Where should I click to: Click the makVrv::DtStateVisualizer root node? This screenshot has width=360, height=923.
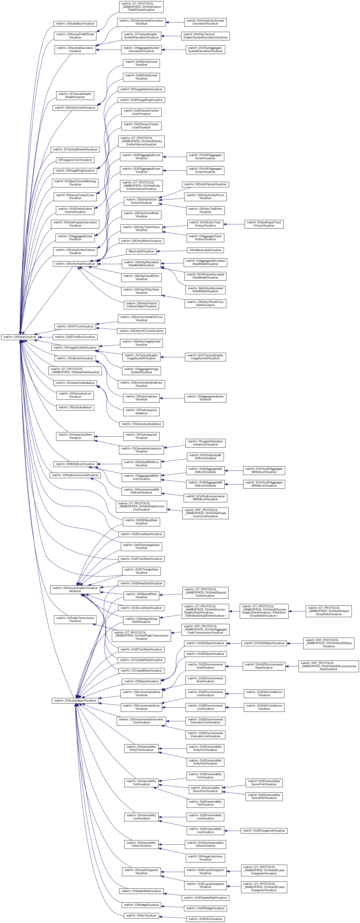[20, 337]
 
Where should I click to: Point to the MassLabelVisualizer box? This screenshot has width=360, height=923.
[141, 251]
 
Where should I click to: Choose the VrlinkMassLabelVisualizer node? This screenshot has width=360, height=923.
[205, 250]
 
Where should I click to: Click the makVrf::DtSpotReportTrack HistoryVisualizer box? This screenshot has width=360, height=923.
[264, 224]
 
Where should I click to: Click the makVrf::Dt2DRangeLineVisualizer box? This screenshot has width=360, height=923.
[264, 831]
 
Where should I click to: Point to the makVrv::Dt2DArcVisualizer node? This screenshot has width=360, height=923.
[205, 919]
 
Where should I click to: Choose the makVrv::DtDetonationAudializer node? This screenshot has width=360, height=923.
[141, 424]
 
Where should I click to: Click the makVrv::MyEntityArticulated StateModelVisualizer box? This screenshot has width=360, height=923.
[205, 289]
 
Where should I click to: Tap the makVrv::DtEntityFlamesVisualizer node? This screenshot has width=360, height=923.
[205, 184]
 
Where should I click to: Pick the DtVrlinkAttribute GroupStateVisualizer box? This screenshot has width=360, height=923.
[329, 611]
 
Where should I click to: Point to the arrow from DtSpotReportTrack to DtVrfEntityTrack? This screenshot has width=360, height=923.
[234, 224]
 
